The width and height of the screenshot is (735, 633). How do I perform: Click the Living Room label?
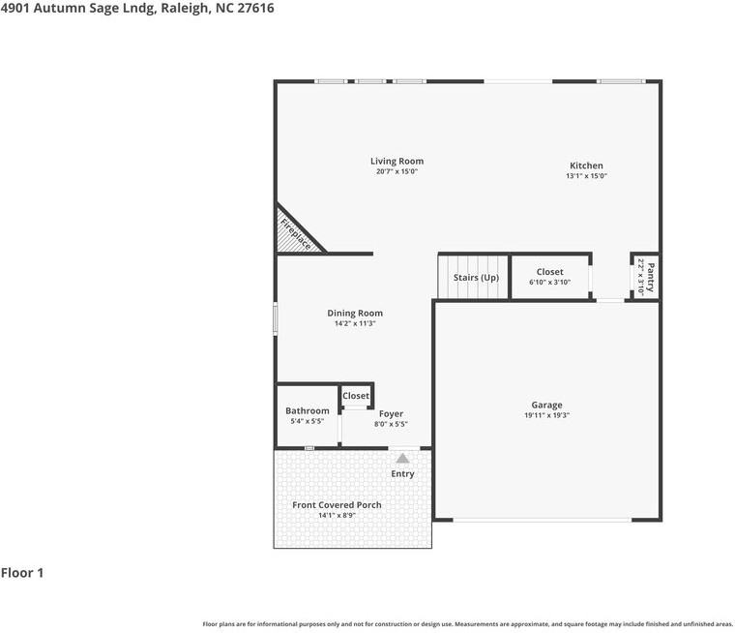point(397,162)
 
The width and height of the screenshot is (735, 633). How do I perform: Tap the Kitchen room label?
point(586,166)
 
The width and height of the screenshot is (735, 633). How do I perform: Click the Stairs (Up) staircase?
point(475,277)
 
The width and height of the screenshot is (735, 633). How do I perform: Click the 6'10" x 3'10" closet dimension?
point(549,283)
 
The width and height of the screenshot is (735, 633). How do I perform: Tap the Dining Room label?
point(355,313)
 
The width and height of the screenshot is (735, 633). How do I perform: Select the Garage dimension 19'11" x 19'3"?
point(546,415)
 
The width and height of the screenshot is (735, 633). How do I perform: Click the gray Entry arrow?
point(402,458)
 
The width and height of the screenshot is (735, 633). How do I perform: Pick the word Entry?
point(402,474)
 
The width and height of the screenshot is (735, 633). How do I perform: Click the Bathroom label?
point(307,411)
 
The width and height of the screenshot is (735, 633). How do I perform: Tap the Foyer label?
point(391,414)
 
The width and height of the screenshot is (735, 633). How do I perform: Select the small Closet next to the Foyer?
point(355,396)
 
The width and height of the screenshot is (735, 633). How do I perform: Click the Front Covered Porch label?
point(337,505)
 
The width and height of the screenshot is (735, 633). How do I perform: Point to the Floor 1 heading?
point(22,573)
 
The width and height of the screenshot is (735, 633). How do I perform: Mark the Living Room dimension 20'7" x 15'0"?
point(397,172)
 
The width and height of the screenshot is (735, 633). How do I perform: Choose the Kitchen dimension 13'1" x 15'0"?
point(586,176)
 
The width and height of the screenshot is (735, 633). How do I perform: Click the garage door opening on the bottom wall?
point(542,520)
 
